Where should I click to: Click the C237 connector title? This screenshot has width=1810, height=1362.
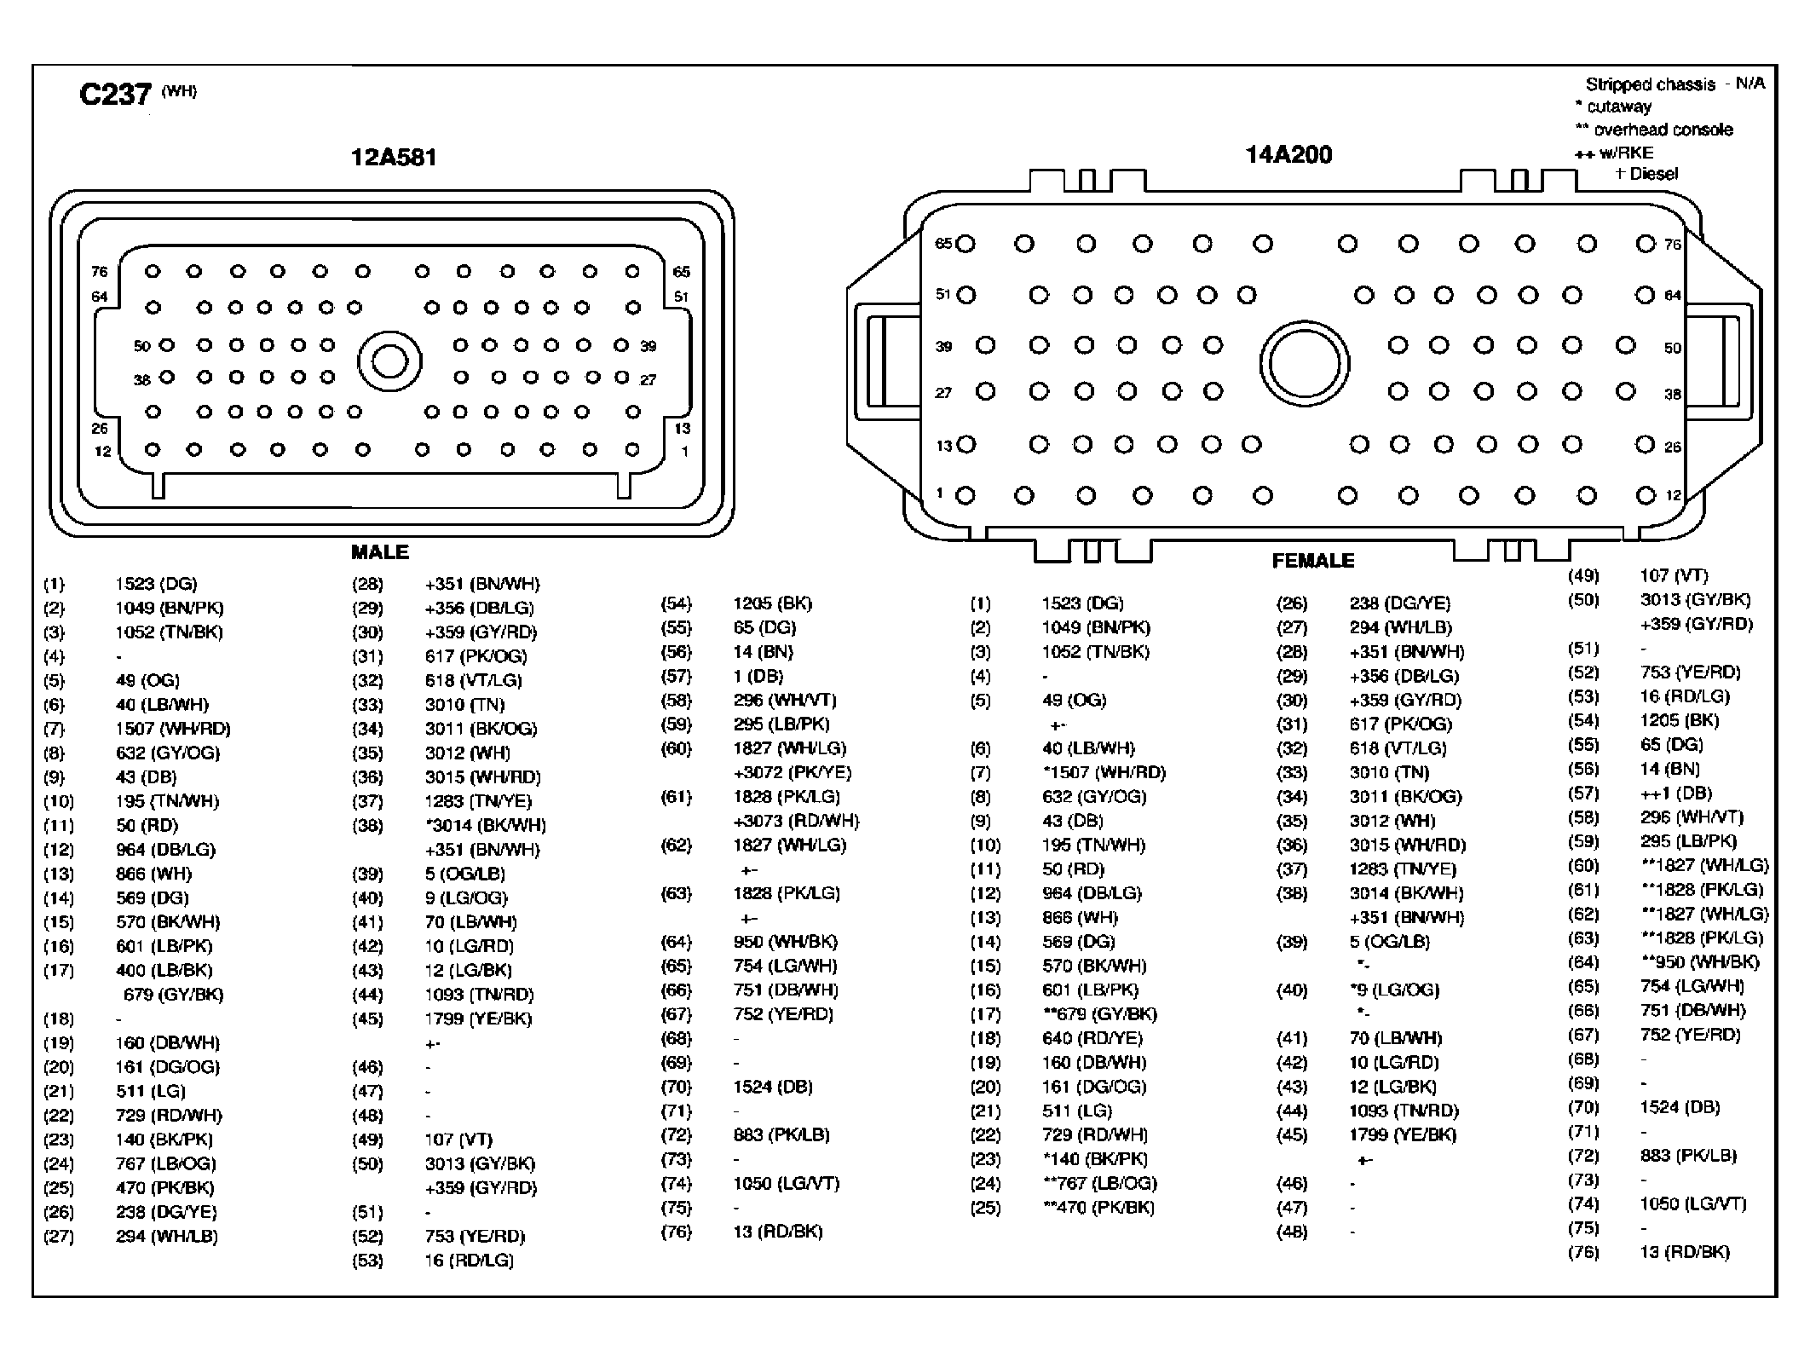115,93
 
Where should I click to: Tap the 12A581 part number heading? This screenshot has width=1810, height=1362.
394,158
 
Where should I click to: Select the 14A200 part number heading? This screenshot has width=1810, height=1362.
1288,155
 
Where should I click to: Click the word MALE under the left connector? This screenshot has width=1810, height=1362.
380,552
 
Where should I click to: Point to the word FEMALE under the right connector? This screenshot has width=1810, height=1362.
1313,561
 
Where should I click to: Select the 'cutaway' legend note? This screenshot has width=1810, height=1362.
1613,107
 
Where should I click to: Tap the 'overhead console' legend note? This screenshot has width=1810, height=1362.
1654,130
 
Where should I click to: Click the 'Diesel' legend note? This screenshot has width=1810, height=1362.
1646,174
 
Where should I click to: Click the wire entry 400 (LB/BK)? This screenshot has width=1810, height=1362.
164,970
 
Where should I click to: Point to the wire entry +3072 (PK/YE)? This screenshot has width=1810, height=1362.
793,772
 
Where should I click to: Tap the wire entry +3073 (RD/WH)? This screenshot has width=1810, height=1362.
796,821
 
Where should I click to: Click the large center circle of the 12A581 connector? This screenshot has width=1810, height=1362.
389,361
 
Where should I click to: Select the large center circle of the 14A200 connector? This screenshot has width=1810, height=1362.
1304,363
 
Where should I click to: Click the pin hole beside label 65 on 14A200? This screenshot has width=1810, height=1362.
965,245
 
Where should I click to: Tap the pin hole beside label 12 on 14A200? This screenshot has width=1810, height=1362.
1646,495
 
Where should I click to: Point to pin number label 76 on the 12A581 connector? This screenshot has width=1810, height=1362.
100,272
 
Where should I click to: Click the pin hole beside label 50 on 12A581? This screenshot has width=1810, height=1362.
167,345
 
